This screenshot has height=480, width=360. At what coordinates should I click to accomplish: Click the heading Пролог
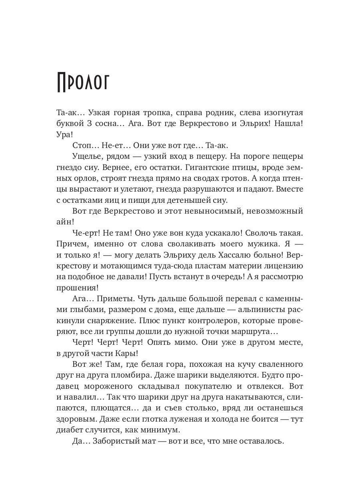(x=84, y=82)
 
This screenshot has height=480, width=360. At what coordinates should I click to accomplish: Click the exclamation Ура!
(x=65, y=134)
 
